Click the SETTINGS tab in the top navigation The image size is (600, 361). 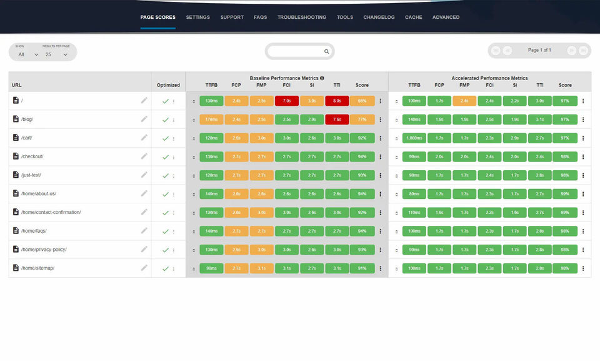198,18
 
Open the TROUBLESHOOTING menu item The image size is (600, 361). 302,18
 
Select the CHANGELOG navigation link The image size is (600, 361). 379,18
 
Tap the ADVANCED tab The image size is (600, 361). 446,18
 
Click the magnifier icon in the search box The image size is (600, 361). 326,52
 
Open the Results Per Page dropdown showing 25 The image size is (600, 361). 56,54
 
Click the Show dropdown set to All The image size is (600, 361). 28,54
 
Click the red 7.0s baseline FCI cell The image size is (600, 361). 286,101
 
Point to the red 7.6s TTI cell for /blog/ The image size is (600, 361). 337,119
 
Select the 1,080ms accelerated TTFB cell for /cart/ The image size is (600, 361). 414,138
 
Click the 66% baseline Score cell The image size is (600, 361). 362,101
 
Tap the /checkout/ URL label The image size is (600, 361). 32,156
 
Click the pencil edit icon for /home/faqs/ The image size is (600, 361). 144,231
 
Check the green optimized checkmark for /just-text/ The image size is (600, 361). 165,175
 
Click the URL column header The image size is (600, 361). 17,85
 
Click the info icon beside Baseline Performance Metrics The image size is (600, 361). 322,78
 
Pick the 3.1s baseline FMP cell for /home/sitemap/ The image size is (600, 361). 261,268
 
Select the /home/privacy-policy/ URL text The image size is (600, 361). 44,250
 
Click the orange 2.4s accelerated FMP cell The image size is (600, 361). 464,101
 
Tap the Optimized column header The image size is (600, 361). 168,85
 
